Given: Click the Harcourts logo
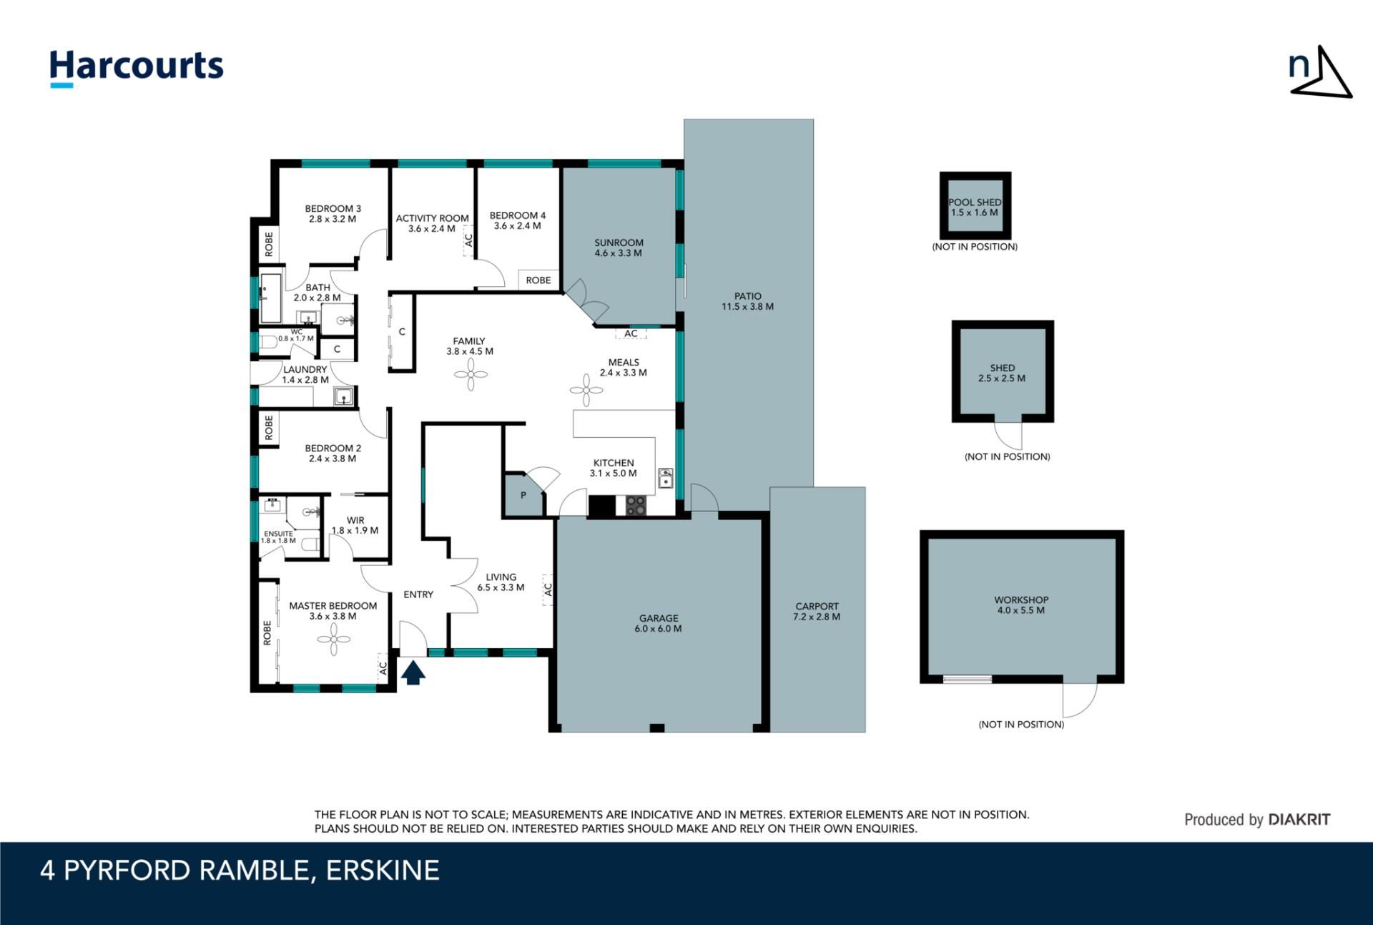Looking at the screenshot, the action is [137, 68].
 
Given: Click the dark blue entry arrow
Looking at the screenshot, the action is [413, 673].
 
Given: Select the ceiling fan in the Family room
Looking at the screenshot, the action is [471, 374].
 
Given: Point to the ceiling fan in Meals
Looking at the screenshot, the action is [587, 390].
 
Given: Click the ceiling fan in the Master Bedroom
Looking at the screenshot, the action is [333, 639].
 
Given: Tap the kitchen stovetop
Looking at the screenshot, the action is [636, 505].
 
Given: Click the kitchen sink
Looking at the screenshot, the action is [665, 478].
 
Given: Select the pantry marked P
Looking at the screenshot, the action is [523, 494].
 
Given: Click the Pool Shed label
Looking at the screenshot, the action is [975, 202].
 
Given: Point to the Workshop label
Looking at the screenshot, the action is [1021, 600].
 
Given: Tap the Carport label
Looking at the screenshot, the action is [817, 606].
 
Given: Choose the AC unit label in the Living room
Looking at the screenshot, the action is [548, 589].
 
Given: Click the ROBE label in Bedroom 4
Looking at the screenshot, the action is [538, 280].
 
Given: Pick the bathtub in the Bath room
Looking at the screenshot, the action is [271, 298].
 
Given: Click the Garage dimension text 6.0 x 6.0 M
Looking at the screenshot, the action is [658, 629].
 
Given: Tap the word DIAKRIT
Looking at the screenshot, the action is [1299, 820].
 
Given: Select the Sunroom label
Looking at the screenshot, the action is [619, 243].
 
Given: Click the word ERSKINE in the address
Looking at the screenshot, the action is [383, 871].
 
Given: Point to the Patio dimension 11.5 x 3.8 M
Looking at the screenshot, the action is [748, 306].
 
